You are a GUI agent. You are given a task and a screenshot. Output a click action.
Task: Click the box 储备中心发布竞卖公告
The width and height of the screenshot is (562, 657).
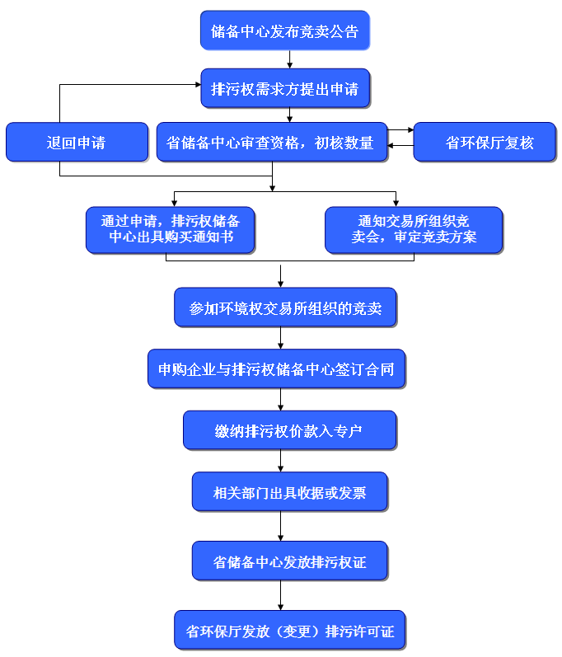pyautogui.click(x=284, y=32)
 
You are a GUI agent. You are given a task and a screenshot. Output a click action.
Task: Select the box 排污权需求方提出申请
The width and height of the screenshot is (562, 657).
pyautogui.click(x=284, y=88)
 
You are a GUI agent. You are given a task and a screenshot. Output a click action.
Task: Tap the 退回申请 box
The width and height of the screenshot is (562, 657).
pyautogui.click(x=76, y=143)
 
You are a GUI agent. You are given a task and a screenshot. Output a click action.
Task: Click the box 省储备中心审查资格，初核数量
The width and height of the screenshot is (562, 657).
pyautogui.click(x=271, y=143)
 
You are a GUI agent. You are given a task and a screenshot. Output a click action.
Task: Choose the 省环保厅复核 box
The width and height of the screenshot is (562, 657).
pyautogui.click(x=484, y=143)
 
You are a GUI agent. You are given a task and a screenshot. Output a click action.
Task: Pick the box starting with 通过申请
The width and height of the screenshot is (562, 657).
pyautogui.click(x=170, y=230)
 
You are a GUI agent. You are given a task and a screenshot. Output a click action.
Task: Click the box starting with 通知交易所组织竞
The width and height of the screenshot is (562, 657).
pyautogui.click(x=413, y=230)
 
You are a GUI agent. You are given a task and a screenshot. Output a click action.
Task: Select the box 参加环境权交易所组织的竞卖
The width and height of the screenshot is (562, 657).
pyautogui.click(x=284, y=308)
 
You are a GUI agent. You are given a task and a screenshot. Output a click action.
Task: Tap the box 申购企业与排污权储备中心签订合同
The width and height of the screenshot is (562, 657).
pyautogui.click(x=276, y=369)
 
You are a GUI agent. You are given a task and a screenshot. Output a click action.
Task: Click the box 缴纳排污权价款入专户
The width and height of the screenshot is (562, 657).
pyautogui.click(x=289, y=431)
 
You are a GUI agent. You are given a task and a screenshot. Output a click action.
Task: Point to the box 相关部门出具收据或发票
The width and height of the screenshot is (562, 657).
pyautogui.click(x=289, y=493)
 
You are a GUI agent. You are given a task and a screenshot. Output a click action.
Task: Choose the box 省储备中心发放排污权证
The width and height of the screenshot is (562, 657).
pyautogui.click(x=289, y=562)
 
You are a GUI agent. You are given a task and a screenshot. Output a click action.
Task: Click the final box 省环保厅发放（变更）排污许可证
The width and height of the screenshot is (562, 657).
pyautogui.click(x=289, y=631)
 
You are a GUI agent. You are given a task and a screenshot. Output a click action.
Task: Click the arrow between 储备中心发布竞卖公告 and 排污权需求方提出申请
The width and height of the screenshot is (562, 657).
pyautogui.click(x=289, y=59)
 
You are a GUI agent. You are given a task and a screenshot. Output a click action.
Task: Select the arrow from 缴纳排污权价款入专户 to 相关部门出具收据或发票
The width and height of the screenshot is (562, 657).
pyautogui.click(x=281, y=462)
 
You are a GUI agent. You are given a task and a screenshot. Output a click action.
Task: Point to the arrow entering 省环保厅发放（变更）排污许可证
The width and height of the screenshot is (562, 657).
pyautogui.click(x=281, y=597)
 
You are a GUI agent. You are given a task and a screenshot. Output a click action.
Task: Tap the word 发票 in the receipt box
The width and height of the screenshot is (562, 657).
pyautogui.click(x=352, y=493)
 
